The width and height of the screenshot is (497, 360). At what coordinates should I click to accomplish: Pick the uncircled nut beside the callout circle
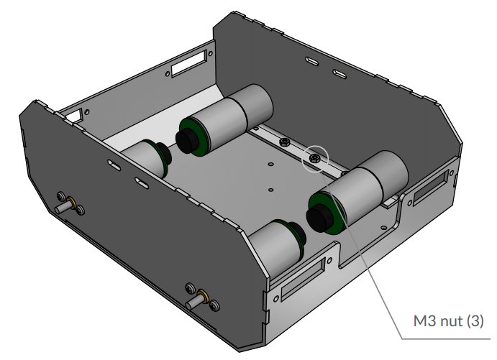click(285, 143)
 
